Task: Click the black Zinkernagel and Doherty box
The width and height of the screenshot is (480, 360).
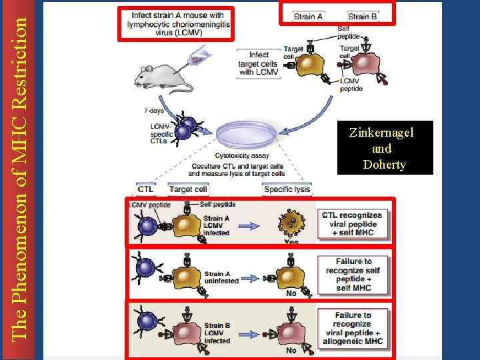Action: [x=385, y=148]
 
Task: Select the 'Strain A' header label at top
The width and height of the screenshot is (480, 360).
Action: [x=308, y=17]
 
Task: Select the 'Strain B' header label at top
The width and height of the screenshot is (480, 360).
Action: [x=363, y=17]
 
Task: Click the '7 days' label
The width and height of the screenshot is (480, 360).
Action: [x=154, y=111]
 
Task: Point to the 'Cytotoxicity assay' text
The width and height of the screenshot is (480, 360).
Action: [x=242, y=156]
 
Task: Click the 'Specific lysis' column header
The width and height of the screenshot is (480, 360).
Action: [x=287, y=189]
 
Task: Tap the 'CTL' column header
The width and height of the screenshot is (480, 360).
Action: [x=145, y=189]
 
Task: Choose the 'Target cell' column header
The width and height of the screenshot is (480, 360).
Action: [x=189, y=189]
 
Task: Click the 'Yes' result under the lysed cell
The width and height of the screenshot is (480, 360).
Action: [x=291, y=242]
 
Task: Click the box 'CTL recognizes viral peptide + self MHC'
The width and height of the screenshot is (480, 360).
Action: [x=352, y=224]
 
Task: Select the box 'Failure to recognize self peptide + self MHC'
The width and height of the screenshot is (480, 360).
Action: [x=353, y=275]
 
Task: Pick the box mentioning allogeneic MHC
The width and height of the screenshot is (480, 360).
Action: [x=353, y=328]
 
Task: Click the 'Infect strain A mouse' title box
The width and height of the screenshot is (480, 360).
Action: [x=178, y=24]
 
